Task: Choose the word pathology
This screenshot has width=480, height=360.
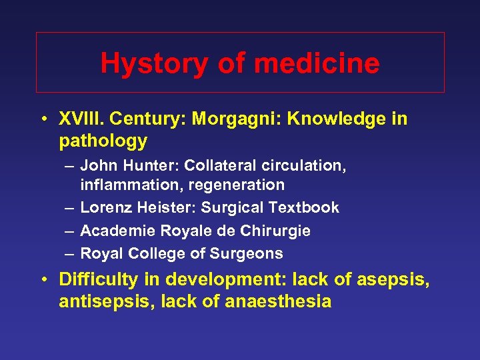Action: pyautogui.click(x=103, y=141)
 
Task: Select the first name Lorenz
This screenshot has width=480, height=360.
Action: pyautogui.click(x=106, y=208)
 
